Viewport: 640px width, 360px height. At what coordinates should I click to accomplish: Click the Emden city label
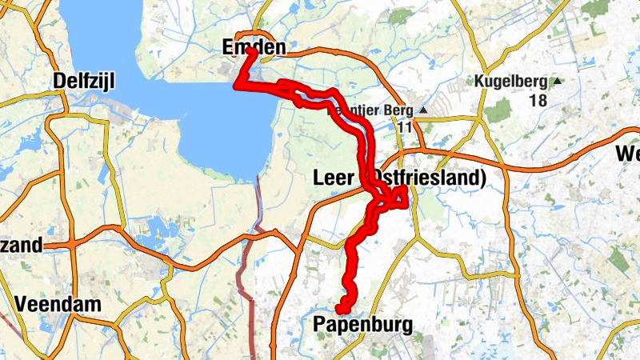click(252, 49)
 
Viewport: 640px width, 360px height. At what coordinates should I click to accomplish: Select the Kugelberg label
click(510, 82)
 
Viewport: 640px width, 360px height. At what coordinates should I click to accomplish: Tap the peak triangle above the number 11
click(424, 110)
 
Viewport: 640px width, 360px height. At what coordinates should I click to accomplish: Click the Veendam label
click(58, 304)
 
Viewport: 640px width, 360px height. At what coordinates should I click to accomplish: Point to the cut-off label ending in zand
click(21, 246)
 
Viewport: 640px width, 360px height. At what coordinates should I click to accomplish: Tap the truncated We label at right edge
click(627, 154)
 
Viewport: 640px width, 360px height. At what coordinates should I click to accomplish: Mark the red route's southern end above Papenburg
click(342, 308)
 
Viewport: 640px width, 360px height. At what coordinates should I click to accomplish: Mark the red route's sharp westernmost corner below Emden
click(238, 85)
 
